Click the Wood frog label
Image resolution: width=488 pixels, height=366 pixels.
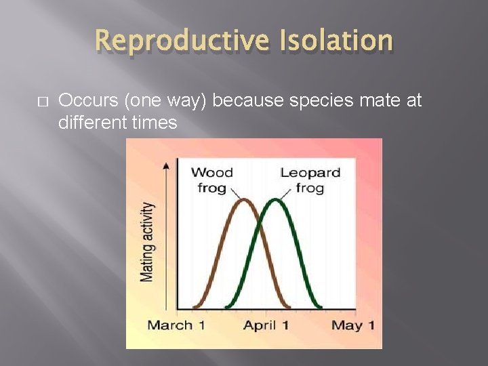click(x=211, y=180)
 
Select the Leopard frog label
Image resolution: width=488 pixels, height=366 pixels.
click(x=310, y=180)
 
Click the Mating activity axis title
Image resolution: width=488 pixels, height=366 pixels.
click(x=147, y=241)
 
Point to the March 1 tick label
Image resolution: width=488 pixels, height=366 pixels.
click(x=176, y=325)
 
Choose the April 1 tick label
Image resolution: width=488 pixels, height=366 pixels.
click(x=266, y=325)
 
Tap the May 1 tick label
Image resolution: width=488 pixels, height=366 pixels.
click(x=352, y=325)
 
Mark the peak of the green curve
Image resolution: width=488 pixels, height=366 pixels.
click(x=274, y=199)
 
